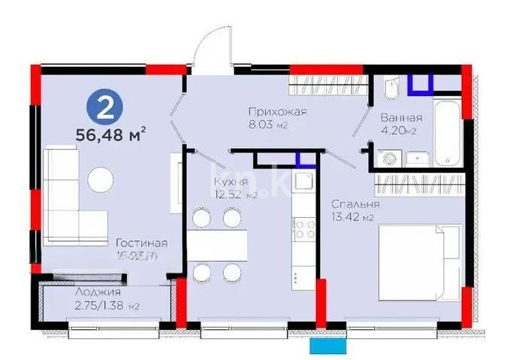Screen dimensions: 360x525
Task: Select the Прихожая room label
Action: [x=279, y=113]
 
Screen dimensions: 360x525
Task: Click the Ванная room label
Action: [x=401, y=118]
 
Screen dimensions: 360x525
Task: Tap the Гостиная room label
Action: [x=141, y=243]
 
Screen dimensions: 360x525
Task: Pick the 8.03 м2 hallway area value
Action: [x=269, y=126]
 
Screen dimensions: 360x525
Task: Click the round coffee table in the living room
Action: [x=100, y=179]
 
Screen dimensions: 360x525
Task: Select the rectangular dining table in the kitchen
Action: [x=217, y=245]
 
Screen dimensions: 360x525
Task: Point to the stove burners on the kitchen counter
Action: [x=303, y=227]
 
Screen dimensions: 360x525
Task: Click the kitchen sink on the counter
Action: [x=303, y=181]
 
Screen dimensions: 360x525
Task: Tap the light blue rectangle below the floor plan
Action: [x=329, y=347]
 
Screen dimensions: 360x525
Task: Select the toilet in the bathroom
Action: [x=390, y=91]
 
